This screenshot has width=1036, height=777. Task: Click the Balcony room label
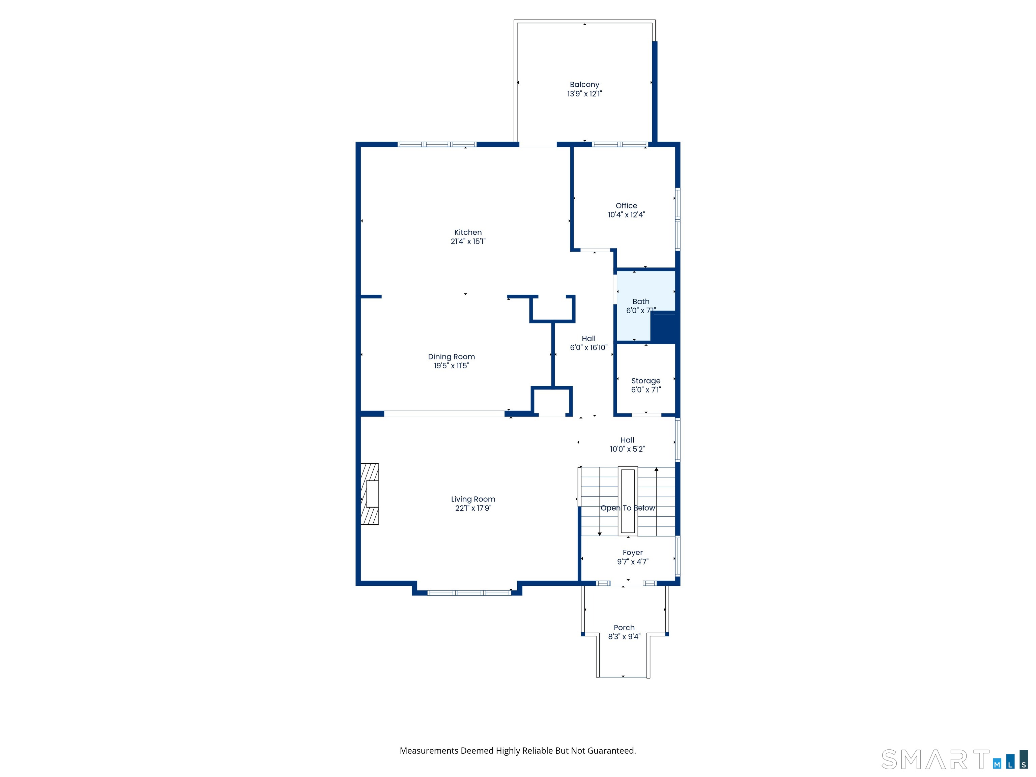tap(584, 84)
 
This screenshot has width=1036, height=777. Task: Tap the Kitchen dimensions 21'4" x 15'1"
tap(468, 241)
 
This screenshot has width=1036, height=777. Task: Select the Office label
tap(626, 206)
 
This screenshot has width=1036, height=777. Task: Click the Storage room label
tap(645, 381)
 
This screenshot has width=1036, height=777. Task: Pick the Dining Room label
tap(451, 356)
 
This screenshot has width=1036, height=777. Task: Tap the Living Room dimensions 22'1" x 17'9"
tap(473, 508)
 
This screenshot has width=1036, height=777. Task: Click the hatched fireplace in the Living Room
tap(370, 494)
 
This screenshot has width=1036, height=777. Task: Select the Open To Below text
tap(628, 508)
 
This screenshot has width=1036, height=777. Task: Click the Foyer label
tap(632, 553)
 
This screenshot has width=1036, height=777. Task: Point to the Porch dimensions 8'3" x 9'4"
tap(624, 636)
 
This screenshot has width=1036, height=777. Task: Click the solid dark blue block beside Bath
tap(664, 328)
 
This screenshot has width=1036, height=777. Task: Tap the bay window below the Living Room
tap(469, 593)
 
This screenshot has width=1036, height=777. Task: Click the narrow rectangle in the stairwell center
tap(628, 501)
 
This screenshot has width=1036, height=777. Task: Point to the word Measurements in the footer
tap(429, 751)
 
